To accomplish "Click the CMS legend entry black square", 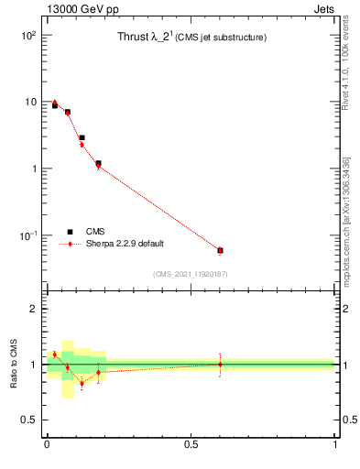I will coord(70,232).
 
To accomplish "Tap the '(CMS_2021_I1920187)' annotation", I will coord(190,274).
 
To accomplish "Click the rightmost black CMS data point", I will coord(220,250).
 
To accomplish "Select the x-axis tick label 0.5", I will coord(191,443).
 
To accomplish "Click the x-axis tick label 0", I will coord(46,443).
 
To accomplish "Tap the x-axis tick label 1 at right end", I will coord(335,443).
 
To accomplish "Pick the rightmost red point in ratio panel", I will coord(220,364).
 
